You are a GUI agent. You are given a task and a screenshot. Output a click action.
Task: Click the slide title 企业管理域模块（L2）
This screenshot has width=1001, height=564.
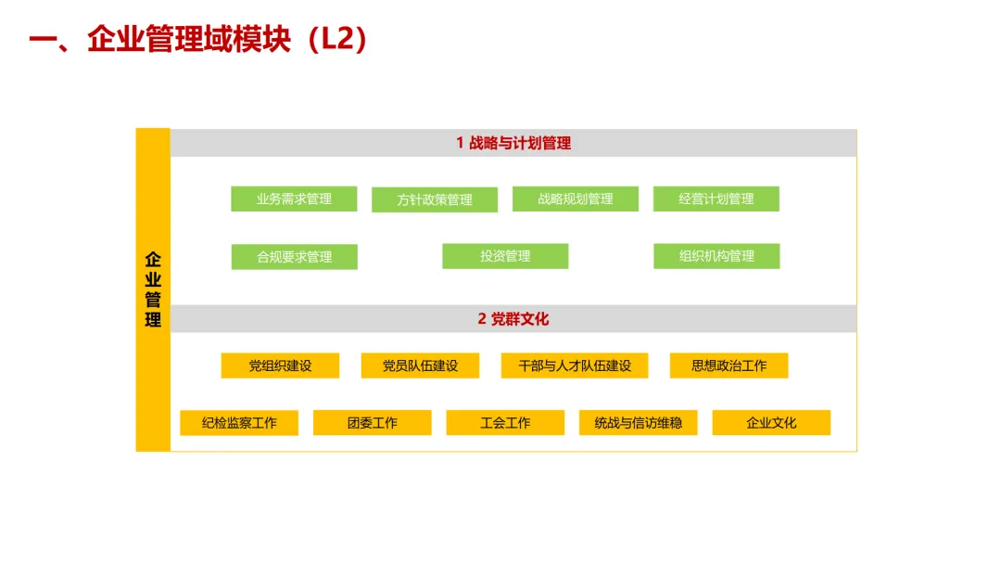(x=199, y=40)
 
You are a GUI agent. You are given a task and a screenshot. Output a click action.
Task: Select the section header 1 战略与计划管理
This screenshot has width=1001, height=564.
(x=513, y=143)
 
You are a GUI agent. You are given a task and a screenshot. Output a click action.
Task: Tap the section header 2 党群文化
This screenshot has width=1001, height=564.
(x=513, y=319)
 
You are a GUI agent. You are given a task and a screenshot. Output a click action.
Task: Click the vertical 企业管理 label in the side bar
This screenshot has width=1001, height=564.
(x=153, y=289)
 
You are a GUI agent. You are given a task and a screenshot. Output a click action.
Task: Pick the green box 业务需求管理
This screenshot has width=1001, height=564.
(x=294, y=199)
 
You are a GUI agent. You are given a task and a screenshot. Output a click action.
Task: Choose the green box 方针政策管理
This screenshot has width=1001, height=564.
(x=435, y=199)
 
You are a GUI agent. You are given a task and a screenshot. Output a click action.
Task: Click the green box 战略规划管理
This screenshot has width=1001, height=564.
(x=576, y=199)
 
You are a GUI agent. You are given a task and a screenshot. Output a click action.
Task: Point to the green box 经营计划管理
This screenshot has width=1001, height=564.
(x=716, y=199)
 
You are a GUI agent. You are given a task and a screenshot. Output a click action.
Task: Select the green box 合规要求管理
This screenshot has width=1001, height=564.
(x=294, y=257)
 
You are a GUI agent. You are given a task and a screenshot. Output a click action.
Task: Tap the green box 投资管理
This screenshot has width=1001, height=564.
(x=505, y=256)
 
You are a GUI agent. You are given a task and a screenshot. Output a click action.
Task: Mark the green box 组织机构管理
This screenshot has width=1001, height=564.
(x=716, y=256)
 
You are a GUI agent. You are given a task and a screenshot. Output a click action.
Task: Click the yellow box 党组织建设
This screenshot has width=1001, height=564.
(x=280, y=365)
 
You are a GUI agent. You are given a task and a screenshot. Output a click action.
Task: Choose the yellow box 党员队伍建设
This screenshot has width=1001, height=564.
(x=420, y=365)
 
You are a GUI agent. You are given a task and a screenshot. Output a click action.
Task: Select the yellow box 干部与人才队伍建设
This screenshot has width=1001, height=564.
(x=575, y=365)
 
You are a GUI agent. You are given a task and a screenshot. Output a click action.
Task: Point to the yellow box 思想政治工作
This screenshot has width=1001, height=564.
(x=729, y=365)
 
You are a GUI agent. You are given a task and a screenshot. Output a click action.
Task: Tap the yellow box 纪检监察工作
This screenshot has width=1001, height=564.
(x=239, y=423)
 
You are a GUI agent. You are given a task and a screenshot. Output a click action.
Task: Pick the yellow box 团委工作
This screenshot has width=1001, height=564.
(x=373, y=423)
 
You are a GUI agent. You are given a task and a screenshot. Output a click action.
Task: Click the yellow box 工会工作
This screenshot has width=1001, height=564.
(x=505, y=423)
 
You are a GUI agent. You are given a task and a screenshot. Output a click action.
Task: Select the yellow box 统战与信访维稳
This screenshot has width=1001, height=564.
(x=639, y=423)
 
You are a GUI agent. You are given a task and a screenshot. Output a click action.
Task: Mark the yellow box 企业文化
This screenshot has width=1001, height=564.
(x=771, y=423)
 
